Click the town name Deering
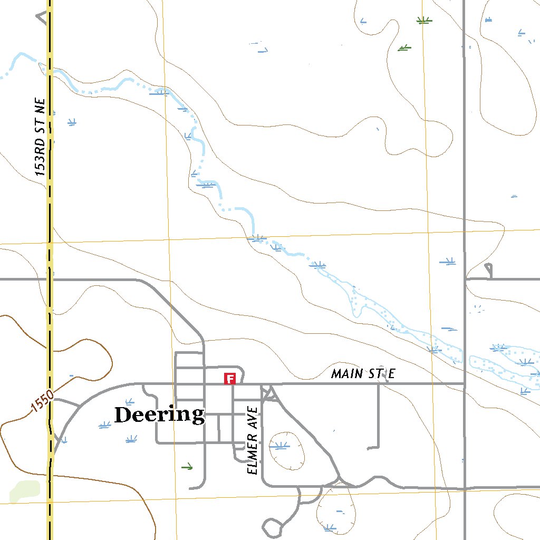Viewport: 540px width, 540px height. (159, 414)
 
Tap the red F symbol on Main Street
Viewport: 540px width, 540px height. (229, 378)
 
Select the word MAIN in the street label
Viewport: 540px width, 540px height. (347, 374)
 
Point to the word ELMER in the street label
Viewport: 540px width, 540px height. (253, 461)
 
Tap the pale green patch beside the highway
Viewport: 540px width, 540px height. (24, 490)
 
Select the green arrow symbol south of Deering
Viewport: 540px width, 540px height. (187, 467)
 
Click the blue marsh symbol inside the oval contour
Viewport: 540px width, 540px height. (279, 446)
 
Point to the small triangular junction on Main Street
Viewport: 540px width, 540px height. (269, 393)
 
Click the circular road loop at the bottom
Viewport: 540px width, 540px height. (273, 527)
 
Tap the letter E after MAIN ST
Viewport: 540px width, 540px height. (391, 374)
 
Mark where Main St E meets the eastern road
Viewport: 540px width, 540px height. (465, 383)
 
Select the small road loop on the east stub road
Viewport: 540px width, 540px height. (488, 270)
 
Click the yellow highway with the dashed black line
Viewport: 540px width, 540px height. (50, 211)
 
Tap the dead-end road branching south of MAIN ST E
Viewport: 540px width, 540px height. (379, 422)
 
